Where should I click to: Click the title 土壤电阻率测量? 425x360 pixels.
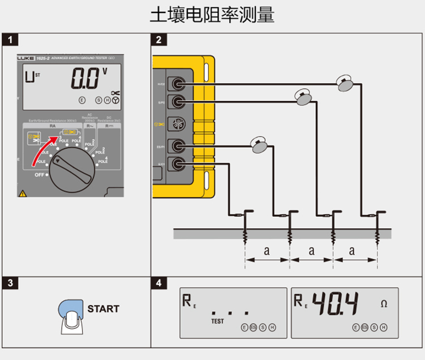(212, 15)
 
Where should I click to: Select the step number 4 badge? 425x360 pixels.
(159, 282)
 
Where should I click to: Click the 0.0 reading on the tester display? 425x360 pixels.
(85, 79)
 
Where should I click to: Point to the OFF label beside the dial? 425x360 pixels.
(39, 175)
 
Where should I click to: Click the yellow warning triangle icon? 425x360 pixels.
(23, 192)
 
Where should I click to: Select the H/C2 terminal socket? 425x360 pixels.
(179, 84)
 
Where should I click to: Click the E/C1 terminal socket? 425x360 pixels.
(179, 165)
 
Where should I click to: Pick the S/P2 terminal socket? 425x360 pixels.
(179, 102)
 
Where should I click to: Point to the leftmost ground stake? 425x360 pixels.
(245, 226)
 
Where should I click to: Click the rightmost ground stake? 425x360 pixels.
(377, 226)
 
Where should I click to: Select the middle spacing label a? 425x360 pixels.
(311, 250)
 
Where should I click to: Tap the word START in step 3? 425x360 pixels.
(103, 309)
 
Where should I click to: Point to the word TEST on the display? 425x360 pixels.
(218, 321)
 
